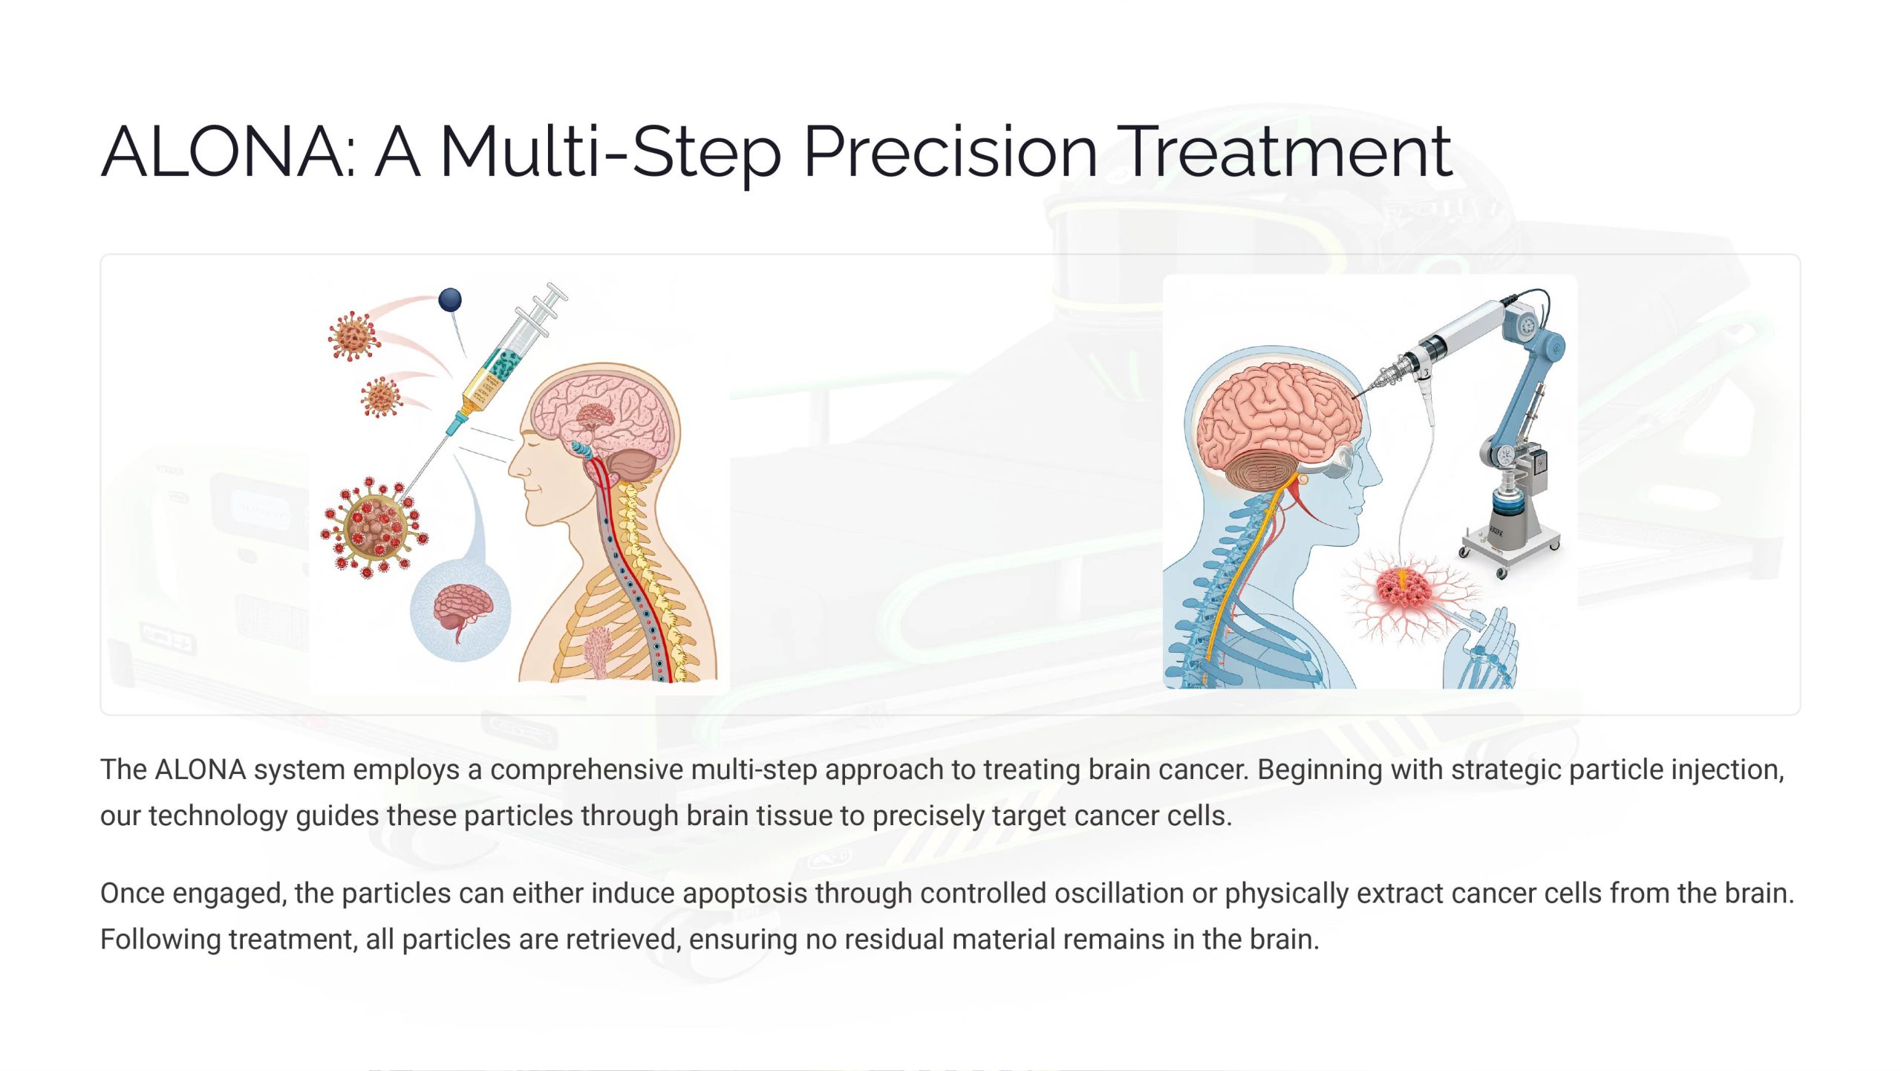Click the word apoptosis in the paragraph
pos(745,894)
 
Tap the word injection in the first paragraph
pos(1727,770)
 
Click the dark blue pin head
pos(450,300)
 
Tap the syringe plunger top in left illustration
pos(555,291)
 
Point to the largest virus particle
pos(374,527)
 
